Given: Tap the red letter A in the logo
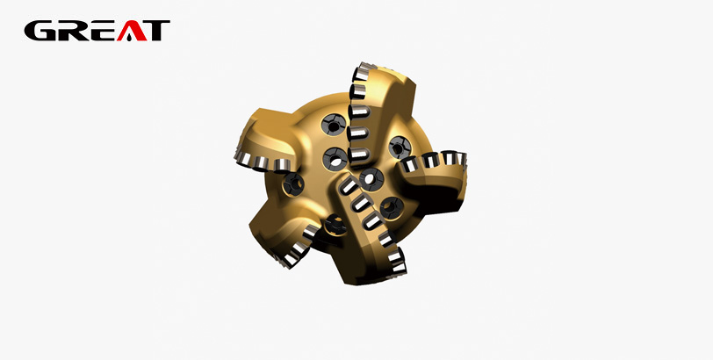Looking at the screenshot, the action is click(x=132, y=31).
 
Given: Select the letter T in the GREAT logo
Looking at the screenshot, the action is click(x=156, y=31).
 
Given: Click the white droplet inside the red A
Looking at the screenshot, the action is click(x=132, y=35).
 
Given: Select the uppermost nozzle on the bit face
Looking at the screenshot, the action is click(x=334, y=125).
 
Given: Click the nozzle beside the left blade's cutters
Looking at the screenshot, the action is click(x=294, y=184).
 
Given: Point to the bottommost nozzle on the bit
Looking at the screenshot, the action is click(x=336, y=224).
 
